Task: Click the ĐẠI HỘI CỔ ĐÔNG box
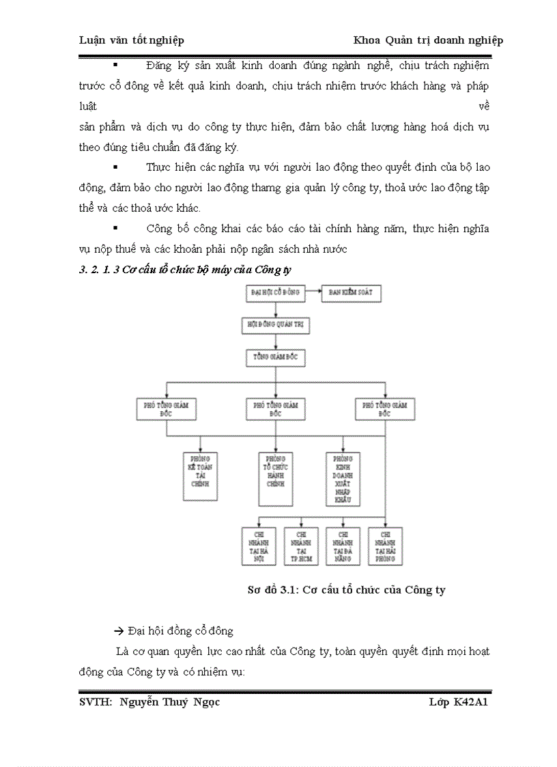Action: pyautogui.click(x=274, y=293)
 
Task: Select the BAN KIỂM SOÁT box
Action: pyautogui.click(x=352, y=293)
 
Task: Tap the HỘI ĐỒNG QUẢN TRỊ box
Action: pyautogui.click(x=274, y=325)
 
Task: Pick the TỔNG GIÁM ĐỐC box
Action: pyautogui.click(x=274, y=357)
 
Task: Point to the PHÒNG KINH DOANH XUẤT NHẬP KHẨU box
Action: pyautogui.click(x=343, y=478)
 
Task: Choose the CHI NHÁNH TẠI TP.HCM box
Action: pyautogui.click(x=300, y=546)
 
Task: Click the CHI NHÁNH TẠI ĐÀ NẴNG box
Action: pyautogui.click(x=343, y=546)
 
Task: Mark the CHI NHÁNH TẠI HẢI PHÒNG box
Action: pyautogui.click(x=385, y=546)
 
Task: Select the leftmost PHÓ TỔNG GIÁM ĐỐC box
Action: pyautogui.click(x=166, y=409)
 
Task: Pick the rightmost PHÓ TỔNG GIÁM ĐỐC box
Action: pyautogui.click(x=385, y=409)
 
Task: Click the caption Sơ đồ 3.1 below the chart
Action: pyautogui.click(x=346, y=589)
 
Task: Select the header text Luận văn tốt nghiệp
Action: pyautogui.click(x=131, y=40)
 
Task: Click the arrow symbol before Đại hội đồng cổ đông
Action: pyautogui.click(x=118, y=631)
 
